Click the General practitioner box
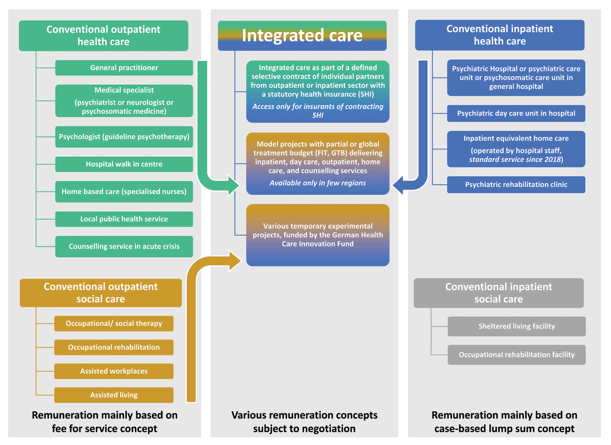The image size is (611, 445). point(124,68)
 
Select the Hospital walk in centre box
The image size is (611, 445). point(124,164)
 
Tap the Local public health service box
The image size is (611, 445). point(124,219)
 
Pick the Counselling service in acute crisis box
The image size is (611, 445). point(124,246)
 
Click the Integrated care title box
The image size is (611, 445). point(302,35)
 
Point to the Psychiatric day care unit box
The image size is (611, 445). point(516,113)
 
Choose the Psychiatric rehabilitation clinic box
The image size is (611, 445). point(516,184)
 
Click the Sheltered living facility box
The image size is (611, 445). point(516,326)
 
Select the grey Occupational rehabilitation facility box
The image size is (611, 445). point(516,354)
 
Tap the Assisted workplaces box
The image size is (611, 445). point(114,371)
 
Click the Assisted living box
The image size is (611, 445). point(114,395)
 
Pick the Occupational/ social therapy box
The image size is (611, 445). point(114,323)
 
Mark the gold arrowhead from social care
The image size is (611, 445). point(235,260)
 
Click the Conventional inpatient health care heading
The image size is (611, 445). point(499,35)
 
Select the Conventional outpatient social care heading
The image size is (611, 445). point(100,293)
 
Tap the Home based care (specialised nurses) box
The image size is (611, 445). point(124,192)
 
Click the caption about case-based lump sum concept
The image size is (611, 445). point(504,422)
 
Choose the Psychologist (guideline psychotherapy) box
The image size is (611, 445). point(124,137)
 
